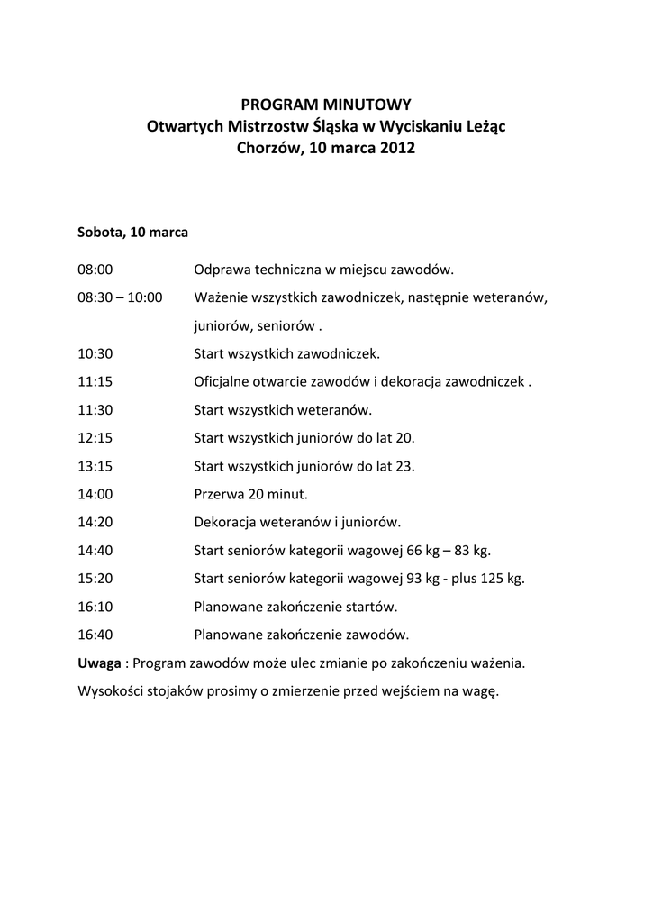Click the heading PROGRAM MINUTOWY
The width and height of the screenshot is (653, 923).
(326, 105)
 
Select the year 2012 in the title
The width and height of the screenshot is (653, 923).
(397, 148)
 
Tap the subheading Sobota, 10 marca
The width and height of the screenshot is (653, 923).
(132, 232)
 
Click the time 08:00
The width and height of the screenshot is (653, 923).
(95, 270)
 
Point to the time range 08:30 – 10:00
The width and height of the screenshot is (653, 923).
(120, 297)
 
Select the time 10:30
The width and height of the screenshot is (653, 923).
(95, 353)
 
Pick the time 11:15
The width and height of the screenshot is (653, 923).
(95, 381)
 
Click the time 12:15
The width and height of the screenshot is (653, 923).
(95, 437)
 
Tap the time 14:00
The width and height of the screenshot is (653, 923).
(95, 494)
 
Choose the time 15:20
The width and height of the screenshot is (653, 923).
(95, 578)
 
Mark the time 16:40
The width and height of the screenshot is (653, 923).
(95, 634)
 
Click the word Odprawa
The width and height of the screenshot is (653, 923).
(222, 270)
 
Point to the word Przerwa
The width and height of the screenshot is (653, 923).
(220, 494)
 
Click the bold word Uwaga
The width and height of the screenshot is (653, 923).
(99, 663)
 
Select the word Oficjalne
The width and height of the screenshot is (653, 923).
(224, 381)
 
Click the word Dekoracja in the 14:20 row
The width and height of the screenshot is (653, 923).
(226, 522)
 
